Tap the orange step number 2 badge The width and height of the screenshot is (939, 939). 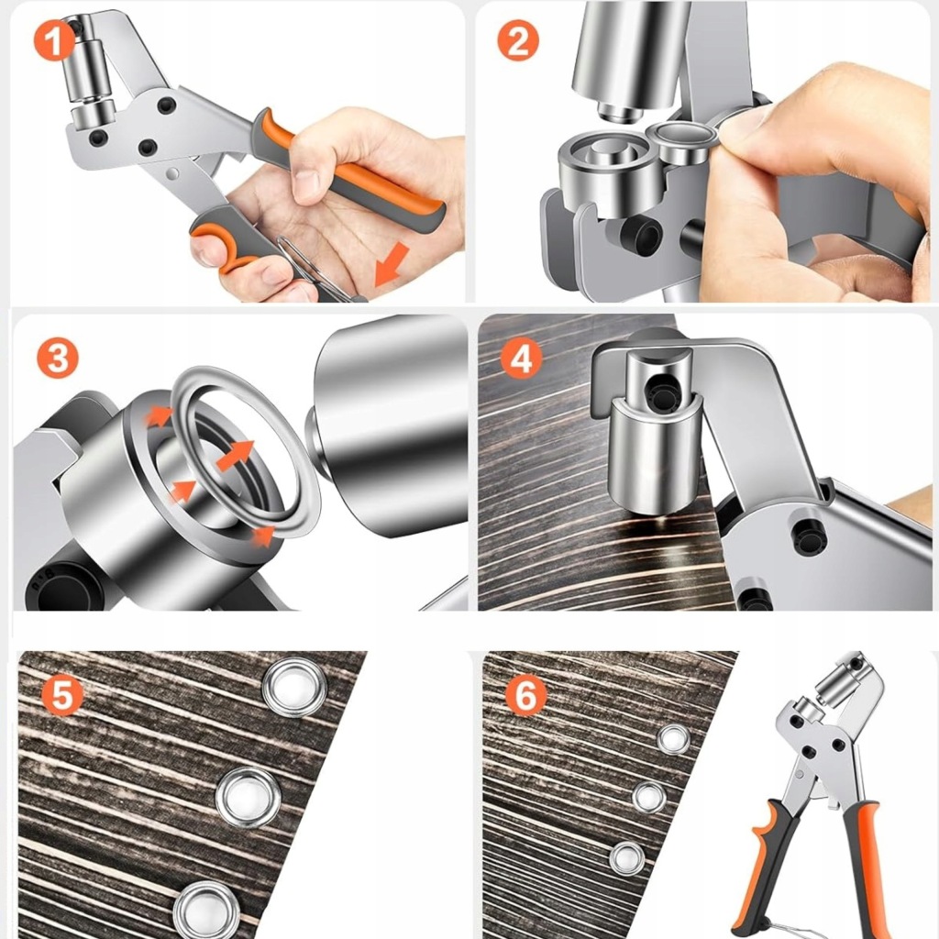pyautogui.click(x=518, y=40)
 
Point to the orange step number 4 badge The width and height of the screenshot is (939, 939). pyautogui.click(x=522, y=359)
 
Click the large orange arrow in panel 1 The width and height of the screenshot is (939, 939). pyautogui.click(x=391, y=264)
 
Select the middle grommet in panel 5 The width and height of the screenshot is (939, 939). pyautogui.click(x=248, y=797)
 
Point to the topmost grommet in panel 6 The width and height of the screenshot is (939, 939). pyautogui.click(x=674, y=739)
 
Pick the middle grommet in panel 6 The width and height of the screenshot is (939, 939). pyautogui.click(x=650, y=797)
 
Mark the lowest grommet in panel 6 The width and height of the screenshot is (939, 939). pyautogui.click(x=627, y=857)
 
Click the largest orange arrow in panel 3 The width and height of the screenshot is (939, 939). pyautogui.click(x=235, y=455)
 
